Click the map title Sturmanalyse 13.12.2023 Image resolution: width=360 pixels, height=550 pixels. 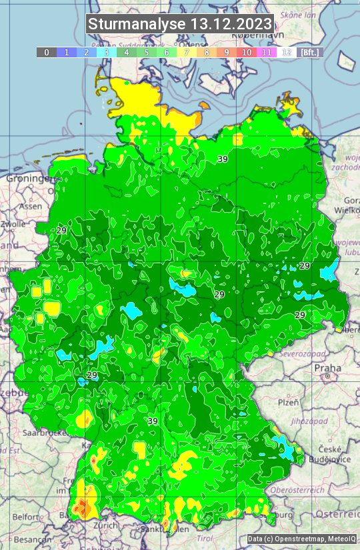tap(180, 24)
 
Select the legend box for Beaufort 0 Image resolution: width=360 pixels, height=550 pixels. tap(47, 52)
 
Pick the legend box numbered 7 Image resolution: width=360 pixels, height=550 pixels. tap(187, 52)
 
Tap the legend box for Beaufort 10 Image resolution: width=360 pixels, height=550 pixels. tap(247, 52)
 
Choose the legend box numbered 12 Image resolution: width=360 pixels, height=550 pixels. tap(287, 52)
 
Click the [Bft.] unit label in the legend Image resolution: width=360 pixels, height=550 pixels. tap(309, 52)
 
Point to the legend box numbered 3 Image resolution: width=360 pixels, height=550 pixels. tap(107, 52)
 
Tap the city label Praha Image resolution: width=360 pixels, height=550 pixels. tap(327, 368)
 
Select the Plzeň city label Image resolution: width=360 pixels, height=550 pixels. tap(288, 402)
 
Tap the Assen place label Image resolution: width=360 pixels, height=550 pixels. tap(30, 207)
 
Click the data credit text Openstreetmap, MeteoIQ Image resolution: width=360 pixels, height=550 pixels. tap(301, 539)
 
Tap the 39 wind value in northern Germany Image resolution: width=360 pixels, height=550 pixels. tap(223, 159)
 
